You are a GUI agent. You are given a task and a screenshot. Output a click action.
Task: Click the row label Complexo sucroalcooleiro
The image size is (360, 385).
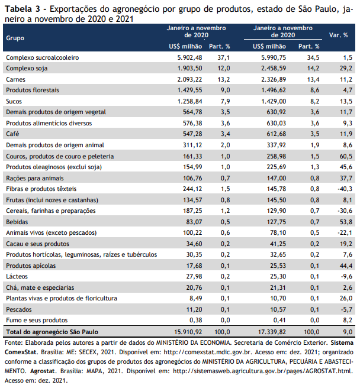(x=42, y=58)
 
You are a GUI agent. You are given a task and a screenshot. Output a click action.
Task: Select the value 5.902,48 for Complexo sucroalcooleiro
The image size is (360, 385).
(x=189, y=58)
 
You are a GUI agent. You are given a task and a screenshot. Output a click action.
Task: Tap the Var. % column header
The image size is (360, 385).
(x=338, y=35)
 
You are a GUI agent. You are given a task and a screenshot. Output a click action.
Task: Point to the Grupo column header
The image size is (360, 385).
(x=15, y=38)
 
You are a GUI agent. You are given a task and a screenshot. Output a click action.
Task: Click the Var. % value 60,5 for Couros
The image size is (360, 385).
(x=346, y=156)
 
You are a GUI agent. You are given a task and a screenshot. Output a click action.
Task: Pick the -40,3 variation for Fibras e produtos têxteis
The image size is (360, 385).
(x=345, y=189)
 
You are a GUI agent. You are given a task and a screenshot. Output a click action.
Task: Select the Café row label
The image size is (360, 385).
(x=12, y=134)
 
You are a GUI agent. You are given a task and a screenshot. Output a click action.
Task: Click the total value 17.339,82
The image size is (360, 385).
(x=272, y=332)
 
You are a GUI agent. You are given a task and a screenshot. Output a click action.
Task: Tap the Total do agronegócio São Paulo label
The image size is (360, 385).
(x=52, y=332)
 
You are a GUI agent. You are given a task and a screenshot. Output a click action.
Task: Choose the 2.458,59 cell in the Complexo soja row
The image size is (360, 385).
(x=274, y=69)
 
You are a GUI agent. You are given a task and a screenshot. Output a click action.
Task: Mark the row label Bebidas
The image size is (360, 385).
(x=17, y=222)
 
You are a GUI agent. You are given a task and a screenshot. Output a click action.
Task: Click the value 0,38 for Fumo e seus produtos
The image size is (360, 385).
(x=196, y=320)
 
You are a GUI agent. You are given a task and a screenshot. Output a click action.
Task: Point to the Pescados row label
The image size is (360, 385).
(x=19, y=310)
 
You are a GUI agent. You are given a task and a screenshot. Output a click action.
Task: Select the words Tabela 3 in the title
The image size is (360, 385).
(x=22, y=9)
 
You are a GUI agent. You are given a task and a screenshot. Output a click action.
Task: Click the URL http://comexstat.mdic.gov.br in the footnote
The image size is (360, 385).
(x=208, y=352)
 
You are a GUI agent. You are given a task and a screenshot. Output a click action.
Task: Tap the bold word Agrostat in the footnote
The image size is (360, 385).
(x=44, y=371)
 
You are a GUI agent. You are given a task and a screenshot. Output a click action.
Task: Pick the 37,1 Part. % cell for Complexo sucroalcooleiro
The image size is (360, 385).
(x=224, y=58)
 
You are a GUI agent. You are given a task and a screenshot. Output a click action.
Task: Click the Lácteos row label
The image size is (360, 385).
(x=17, y=276)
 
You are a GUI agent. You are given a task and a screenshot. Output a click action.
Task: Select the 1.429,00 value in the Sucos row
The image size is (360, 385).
(x=274, y=101)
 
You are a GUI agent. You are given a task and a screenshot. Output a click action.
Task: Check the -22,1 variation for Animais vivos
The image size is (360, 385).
(x=345, y=233)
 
